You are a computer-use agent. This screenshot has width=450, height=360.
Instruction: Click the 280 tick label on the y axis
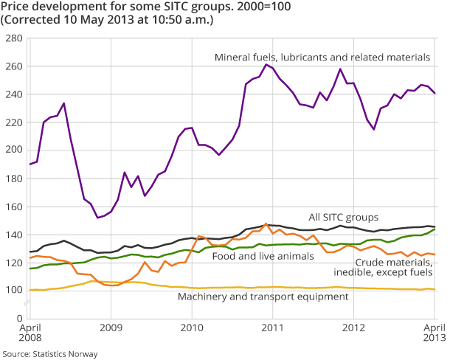coord(13,38)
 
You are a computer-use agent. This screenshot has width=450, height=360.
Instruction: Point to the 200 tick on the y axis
coord(13,150)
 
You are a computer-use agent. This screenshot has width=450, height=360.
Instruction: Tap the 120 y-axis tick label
coord(13,263)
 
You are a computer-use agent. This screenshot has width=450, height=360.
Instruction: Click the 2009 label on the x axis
coord(111,326)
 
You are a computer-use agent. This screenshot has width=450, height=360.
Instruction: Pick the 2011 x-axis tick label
coord(274,326)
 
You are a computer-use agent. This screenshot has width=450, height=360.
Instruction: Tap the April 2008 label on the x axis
coord(30,331)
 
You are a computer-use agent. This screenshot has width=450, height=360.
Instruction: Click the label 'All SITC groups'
coord(344,218)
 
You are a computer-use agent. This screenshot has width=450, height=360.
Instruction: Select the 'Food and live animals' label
coord(252,257)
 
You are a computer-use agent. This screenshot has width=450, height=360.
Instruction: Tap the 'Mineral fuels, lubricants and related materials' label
coord(322,57)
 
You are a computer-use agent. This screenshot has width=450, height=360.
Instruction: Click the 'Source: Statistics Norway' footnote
coord(50,354)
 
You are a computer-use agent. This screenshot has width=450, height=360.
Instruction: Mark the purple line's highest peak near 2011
coord(266,64)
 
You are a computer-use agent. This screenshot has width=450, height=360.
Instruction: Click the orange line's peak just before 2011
coord(266,224)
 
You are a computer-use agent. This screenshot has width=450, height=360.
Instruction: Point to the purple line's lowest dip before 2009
coord(97,218)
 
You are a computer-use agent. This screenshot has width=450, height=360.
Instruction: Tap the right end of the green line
coord(435,229)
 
